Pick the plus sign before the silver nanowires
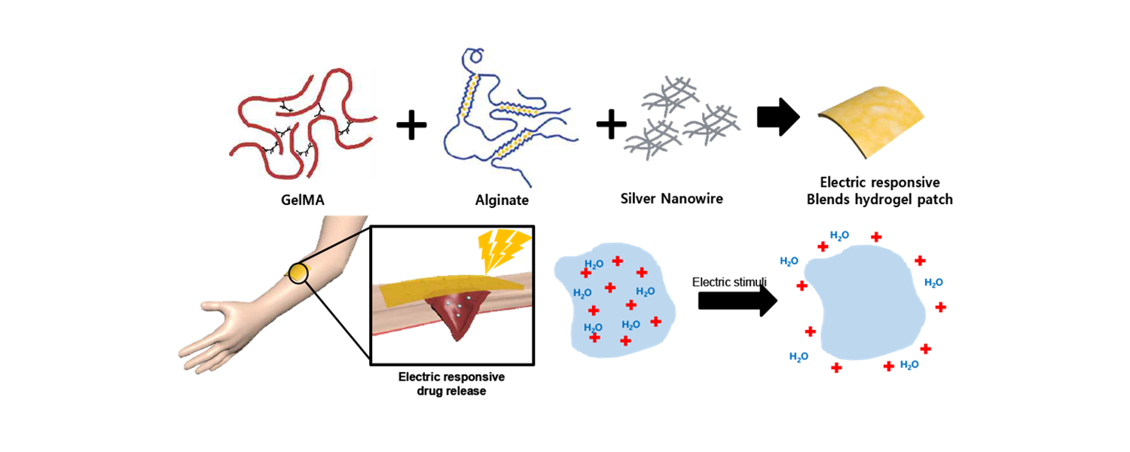[x=611, y=122]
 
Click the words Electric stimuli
[x=728, y=282]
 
